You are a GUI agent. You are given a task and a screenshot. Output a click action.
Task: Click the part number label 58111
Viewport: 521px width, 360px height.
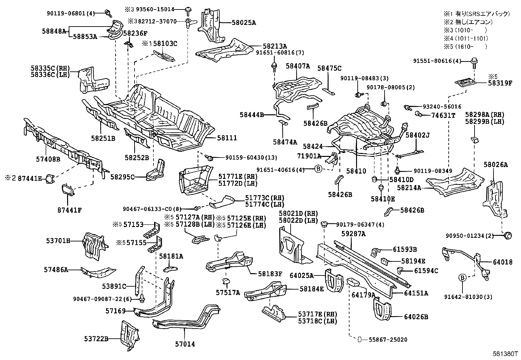227,138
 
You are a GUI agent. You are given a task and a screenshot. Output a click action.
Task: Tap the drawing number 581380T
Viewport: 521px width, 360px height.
505,354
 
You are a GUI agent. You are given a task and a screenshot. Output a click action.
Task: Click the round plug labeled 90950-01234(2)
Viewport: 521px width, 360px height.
507,235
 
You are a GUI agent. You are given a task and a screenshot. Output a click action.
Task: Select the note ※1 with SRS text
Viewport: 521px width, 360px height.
476,14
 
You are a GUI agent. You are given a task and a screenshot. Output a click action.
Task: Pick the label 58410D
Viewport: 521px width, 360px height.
401,180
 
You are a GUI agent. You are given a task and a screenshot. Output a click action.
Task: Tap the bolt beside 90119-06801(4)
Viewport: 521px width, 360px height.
108,13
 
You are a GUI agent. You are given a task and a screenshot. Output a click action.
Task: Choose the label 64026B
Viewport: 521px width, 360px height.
416,317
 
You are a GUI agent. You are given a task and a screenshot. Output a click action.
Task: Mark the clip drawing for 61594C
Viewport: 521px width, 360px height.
400,270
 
